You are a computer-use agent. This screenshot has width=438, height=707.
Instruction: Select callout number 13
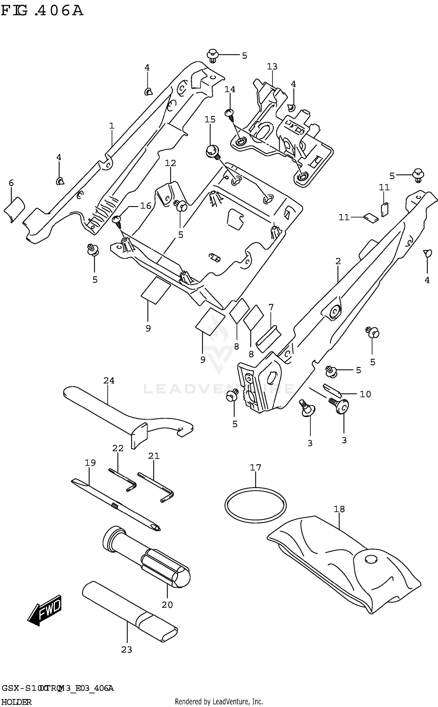click(x=272, y=67)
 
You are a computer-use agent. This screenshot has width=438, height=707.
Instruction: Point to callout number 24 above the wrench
click(x=109, y=381)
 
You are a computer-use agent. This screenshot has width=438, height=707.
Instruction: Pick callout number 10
click(x=365, y=394)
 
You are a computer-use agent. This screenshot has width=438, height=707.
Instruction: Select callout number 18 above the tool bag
click(x=339, y=509)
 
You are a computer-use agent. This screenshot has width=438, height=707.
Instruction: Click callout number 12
click(x=170, y=163)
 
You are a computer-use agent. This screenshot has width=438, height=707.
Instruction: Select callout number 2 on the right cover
click(x=338, y=261)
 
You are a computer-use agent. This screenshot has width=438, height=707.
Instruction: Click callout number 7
click(x=271, y=307)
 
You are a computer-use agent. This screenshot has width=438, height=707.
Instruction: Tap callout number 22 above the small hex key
click(x=118, y=448)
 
